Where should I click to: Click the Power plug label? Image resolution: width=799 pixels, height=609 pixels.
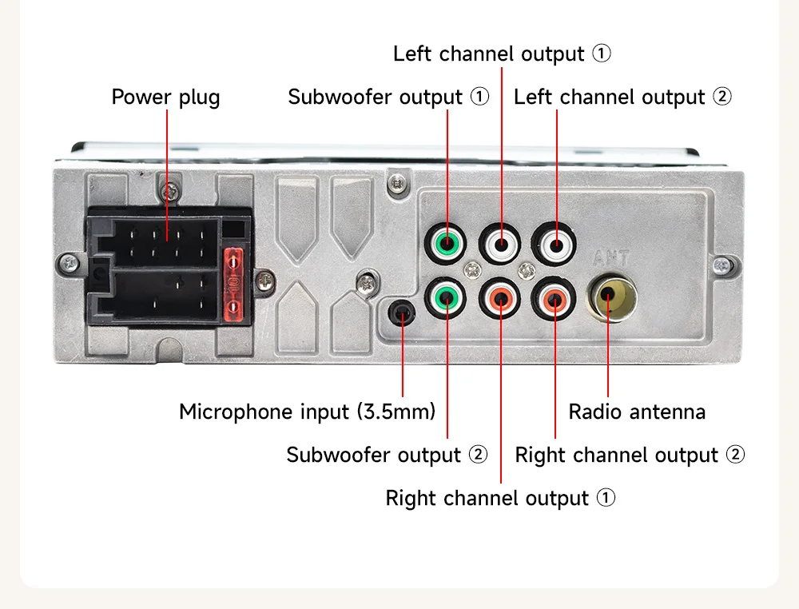[165, 98]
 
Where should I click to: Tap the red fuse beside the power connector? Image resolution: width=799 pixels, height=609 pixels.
[233, 285]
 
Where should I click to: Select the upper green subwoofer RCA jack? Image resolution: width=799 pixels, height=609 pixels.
[447, 243]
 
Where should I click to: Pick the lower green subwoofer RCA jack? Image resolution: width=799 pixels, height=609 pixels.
[447, 298]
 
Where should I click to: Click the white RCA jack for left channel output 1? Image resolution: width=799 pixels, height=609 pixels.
[500, 243]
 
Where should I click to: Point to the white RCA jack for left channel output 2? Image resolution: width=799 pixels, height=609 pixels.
[554, 243]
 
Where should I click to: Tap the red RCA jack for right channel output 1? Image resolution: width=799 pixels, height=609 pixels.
[500, 298]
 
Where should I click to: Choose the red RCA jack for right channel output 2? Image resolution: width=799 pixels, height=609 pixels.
[554, 299]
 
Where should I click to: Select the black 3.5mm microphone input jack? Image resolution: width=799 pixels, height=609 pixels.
[402, 312]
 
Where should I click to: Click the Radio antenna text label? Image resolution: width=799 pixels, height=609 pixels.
[637, 412]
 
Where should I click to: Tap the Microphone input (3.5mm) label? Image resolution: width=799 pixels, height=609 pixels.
[308, 412]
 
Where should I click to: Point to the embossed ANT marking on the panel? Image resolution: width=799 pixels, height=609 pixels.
[611, 258]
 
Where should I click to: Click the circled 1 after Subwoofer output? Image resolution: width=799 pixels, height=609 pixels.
[479, 96]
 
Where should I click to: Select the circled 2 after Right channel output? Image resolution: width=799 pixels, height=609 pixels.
[735, 454]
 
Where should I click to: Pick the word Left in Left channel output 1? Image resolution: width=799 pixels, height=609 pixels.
[411, 54]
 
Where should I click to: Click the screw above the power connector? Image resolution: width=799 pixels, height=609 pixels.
[170, 192]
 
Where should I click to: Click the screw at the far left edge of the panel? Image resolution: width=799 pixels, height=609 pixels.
[70, 264]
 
